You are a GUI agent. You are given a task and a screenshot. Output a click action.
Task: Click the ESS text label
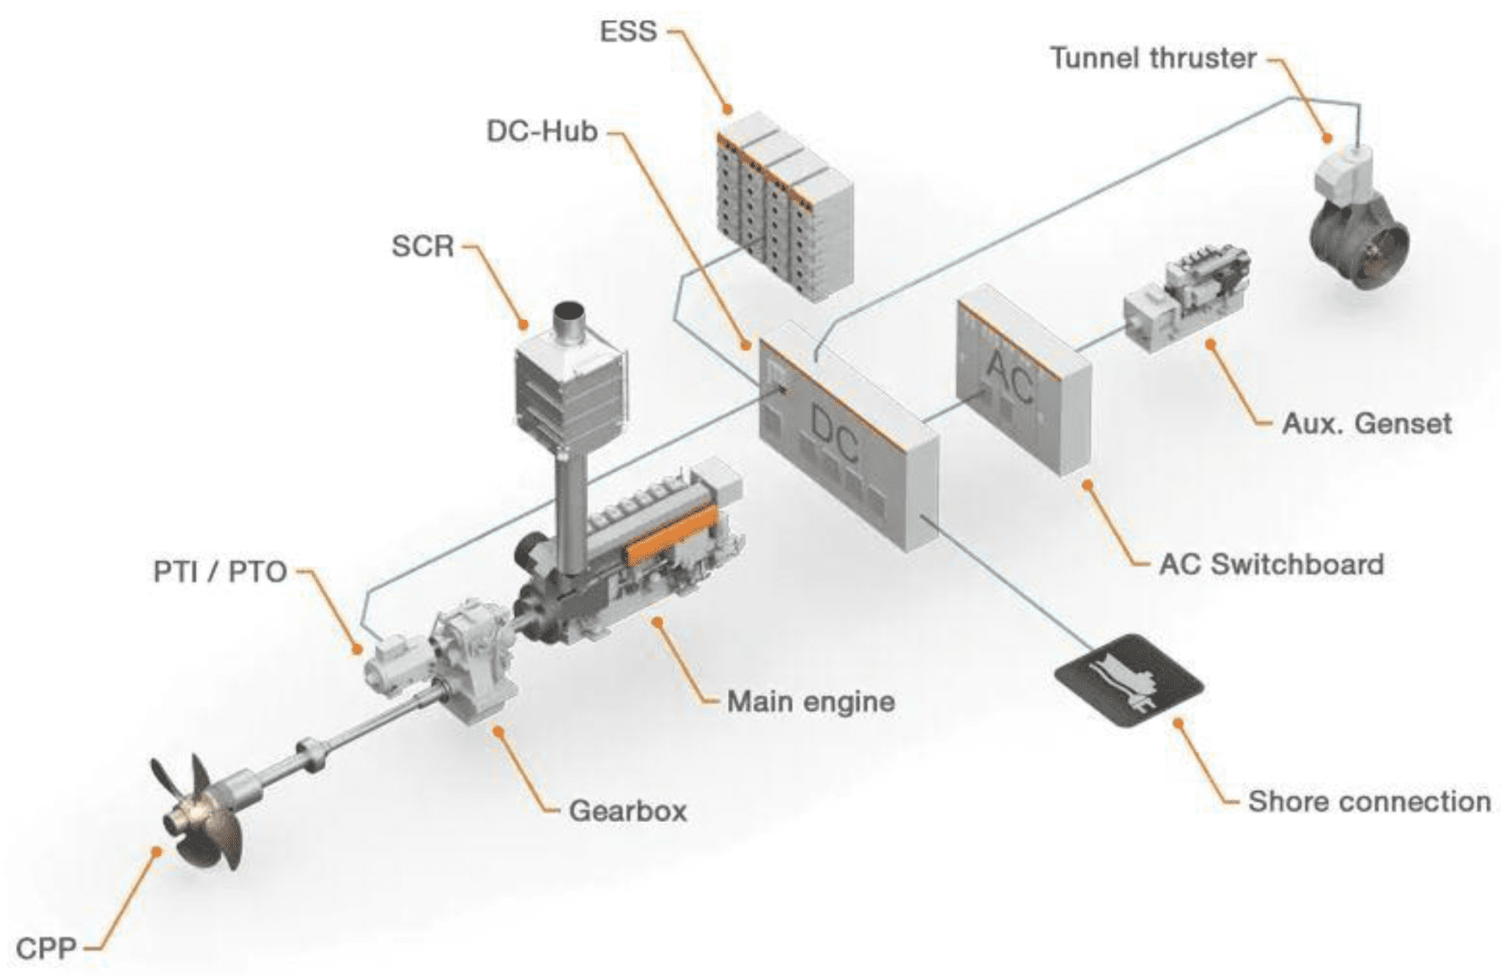(628, 32)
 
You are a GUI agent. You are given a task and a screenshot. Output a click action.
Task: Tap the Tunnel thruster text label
(1153, 59)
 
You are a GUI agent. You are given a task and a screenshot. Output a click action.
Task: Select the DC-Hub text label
(542, 132)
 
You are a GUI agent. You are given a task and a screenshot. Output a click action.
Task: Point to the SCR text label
(423, 246)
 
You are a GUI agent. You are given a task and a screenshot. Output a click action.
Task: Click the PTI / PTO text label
(220, 572)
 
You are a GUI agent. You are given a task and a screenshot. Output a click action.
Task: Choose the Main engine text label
(811, 702)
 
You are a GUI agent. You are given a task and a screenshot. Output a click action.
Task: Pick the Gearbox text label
(628, 811)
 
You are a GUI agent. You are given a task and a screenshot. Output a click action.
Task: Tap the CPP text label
(46, 949)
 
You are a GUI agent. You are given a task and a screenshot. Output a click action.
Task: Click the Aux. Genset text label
(1366, 424)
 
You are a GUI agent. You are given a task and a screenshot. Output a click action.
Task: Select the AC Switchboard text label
(1272, 564)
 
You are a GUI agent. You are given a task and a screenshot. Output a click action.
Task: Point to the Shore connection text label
(1369, 802)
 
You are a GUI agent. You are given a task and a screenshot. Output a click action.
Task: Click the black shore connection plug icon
(1128, 681)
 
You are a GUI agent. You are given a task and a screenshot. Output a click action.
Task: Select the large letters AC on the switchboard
(1009, 377)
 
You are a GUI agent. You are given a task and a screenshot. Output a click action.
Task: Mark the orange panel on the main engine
(670, 535)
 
